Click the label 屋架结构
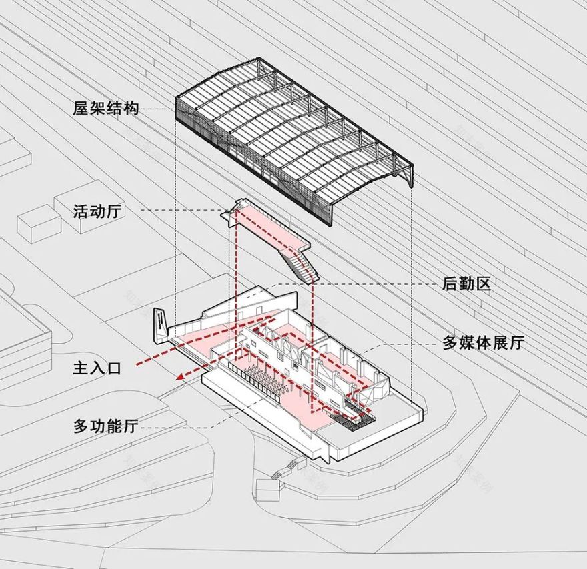[106, 108]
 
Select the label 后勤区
[466, 284]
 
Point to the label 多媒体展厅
[484, 344]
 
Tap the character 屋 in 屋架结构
[81, 108]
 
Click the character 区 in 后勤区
[483, 284]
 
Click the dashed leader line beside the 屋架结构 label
[159, 108]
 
